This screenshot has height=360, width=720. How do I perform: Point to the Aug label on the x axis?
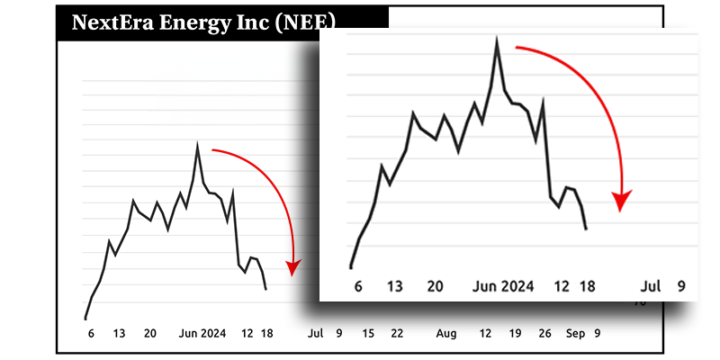(x=446, y=334)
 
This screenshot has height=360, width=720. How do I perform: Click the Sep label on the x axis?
(x=575, y=334)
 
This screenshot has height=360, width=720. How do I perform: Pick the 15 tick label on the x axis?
(x=368, y=334)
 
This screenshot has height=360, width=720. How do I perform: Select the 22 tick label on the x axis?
(x=396, y=334)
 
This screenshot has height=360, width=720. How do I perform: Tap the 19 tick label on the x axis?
(x=515, y=334)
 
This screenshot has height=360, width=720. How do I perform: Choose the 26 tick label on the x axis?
(x=544, y=334)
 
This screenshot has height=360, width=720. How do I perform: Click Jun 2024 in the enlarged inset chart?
(x=504, y=286)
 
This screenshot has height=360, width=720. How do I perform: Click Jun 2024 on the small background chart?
(x=202, y=334)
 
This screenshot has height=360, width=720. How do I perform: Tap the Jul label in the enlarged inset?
(x=651, y=286)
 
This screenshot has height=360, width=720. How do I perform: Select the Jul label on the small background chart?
(x=315, y=334)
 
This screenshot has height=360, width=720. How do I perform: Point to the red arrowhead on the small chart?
(x=292, y=267)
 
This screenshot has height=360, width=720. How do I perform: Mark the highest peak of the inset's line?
(x=496, y=40)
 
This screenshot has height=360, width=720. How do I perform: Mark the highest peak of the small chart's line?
(x=197, y=144)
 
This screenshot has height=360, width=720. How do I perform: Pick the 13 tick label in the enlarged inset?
(x=394, y=286)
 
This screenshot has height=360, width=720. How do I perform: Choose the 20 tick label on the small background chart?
(x=150, y=334)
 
